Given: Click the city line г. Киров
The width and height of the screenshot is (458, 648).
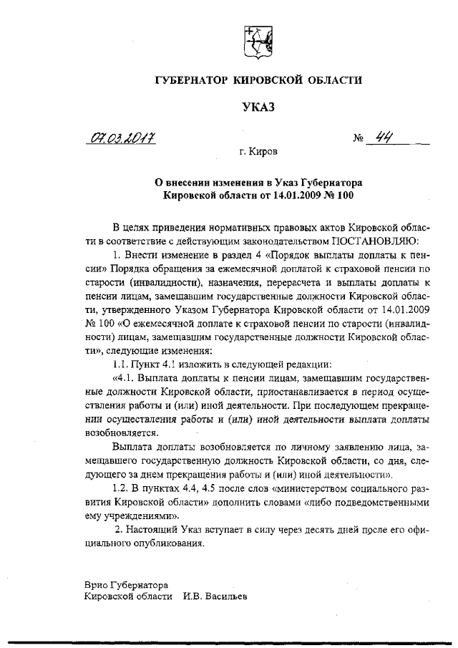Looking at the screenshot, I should (258, 153).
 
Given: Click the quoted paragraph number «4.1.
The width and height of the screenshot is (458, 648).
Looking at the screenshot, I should (126, 378).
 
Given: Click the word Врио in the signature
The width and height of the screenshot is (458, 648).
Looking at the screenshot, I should (97, 584).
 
